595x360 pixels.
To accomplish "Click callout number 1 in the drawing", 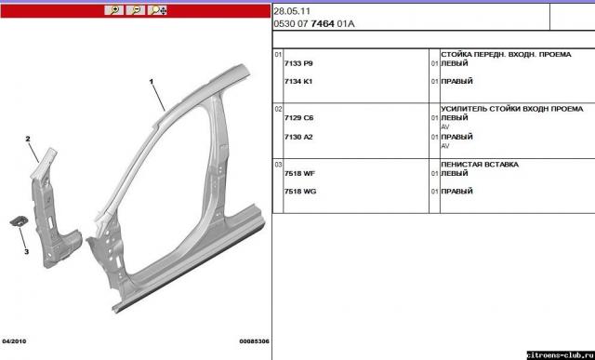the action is point(152,81).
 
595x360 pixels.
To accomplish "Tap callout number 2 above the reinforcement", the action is point(28,139).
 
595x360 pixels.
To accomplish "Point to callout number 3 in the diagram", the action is point(27,251).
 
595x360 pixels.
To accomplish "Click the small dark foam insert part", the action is point(19,221).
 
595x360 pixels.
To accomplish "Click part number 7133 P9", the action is point(298,63).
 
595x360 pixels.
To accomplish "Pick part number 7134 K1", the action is point(298,81).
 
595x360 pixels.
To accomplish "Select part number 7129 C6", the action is point(299,118).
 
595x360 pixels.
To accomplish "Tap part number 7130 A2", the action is point(298,137).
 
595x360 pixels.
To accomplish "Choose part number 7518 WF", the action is point(299,174).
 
